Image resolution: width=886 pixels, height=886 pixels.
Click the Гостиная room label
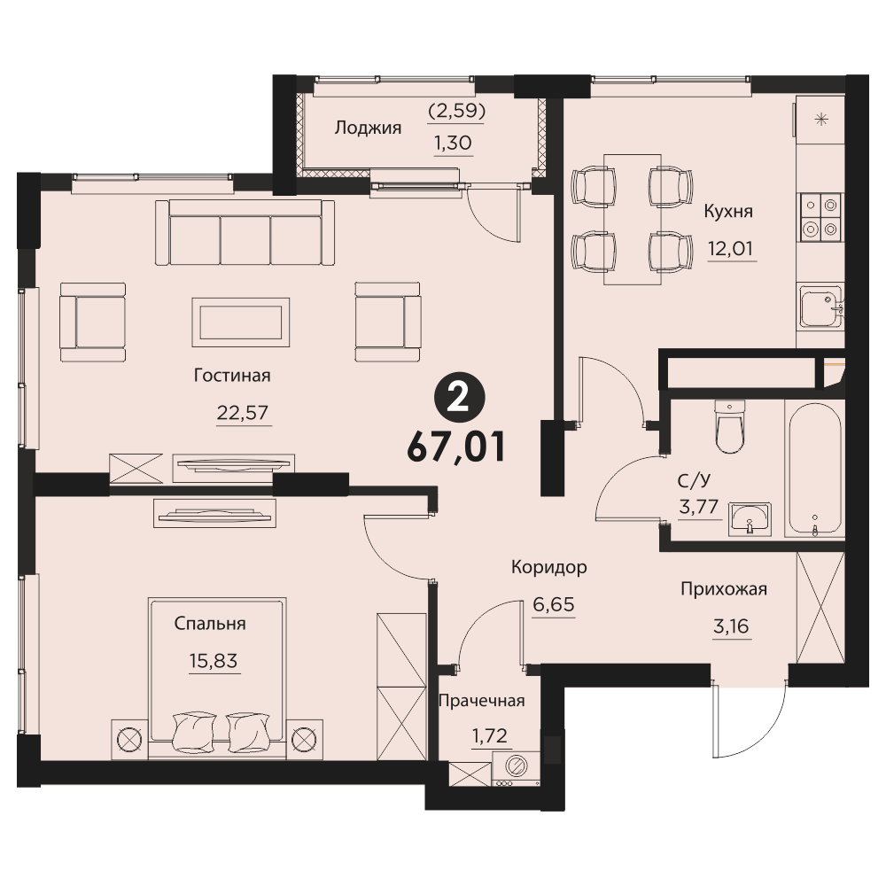click(x=232, y=376)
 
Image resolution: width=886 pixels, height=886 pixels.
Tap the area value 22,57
click(x=243, y=413)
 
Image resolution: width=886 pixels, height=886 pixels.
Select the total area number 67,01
click(x=455, y=447)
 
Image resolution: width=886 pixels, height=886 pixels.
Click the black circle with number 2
click(x=459, y=400)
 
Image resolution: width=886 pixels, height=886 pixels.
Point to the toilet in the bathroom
click(x=729, y=427)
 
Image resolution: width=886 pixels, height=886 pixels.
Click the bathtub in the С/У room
click(x=814, y=469)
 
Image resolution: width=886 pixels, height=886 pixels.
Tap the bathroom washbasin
click(x=750, y=518)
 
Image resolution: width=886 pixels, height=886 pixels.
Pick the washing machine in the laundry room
click(x=516, y=768)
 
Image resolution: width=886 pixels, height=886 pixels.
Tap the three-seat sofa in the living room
click(x=245, y=232)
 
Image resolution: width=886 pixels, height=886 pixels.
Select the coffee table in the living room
click(x=241, y=323)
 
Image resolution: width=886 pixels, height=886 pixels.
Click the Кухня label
click(x=728, y=212)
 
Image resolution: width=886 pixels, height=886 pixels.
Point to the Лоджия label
click(x=368, y=128)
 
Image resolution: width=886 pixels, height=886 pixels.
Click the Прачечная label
click(x=482, y=701)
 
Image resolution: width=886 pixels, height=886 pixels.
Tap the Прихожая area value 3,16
click(x=732, y=626)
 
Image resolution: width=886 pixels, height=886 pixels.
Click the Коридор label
click(x=549, y=567)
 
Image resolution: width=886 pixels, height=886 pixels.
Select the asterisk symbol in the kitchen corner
click(x=821, y=120)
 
